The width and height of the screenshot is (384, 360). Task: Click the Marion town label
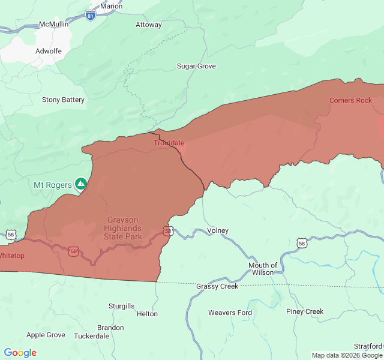[111, 6]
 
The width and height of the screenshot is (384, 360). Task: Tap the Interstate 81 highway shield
[90, 16]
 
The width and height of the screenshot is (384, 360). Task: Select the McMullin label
[53, 24]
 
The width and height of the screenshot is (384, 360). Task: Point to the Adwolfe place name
[49, 51]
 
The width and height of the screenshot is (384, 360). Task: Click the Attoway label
[148, 25]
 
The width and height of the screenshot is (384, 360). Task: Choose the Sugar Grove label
[196, 66]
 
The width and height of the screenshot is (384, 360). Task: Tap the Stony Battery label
[63, 100]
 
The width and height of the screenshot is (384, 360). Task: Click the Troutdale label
[169, 143]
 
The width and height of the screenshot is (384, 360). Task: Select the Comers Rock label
[350, 100]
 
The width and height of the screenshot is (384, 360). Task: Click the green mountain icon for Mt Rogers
[80, 184]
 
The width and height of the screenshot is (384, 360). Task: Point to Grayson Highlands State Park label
[123, 228]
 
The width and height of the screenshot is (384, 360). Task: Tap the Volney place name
[217, 230]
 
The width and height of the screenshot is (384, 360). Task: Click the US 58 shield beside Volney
[168, 230]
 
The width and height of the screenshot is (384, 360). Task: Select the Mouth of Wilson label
[263, 269]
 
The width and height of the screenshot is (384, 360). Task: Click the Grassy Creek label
[217, 286]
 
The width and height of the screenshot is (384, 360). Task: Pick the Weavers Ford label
[230, 313]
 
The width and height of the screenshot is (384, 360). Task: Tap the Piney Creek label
[304, 311]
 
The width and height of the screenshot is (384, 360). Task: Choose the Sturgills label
[121, 306]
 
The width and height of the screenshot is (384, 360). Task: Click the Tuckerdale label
[91, 336]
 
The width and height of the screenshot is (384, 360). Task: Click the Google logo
[20, 353]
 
